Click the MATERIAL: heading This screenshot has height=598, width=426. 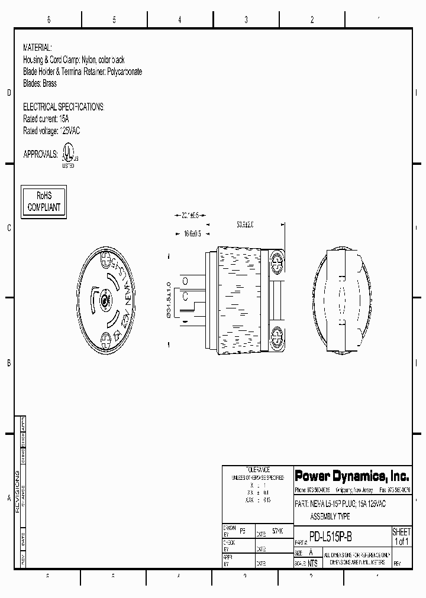(x=37, y=47)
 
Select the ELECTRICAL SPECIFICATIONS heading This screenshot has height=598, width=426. (x=63, y=107)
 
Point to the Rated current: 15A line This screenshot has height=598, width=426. (x=46, y=119)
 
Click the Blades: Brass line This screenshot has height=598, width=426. (x=40, y=84)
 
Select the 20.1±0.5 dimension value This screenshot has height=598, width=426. (x=190, y=215)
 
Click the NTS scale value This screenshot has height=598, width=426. (x=312, y=563)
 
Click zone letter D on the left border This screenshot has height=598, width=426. (x=8, y=93)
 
